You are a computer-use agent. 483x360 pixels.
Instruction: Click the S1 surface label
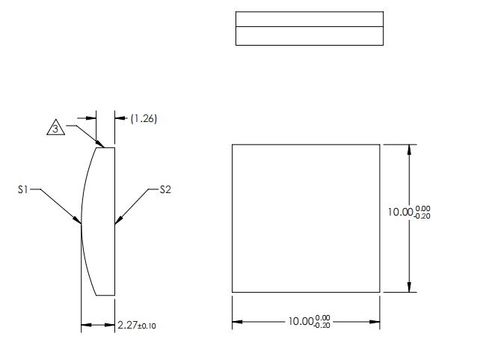(x=23, y=190)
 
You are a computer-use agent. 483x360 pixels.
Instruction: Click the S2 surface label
(x=165, y=190)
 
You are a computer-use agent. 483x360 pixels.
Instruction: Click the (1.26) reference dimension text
(x=144, y=118)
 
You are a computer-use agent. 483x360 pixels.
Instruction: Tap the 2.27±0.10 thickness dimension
(x=137, y=326)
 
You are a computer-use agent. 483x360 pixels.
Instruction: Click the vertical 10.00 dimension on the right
(x=408, y=212)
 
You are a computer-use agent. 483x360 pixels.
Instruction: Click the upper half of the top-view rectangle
(x=309, y=19)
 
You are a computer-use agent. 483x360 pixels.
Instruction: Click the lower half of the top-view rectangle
(x=309, y=36)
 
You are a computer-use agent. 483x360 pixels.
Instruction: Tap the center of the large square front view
(x=306, y=218)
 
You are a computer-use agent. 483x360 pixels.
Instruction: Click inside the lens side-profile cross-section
(x=101, y=221)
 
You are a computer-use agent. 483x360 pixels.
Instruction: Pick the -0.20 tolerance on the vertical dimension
(x=422, y=216)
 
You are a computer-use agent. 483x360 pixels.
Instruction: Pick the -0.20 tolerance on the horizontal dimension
(x=322, y=326)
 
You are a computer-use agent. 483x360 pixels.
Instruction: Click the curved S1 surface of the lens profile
(x=82, y=195)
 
